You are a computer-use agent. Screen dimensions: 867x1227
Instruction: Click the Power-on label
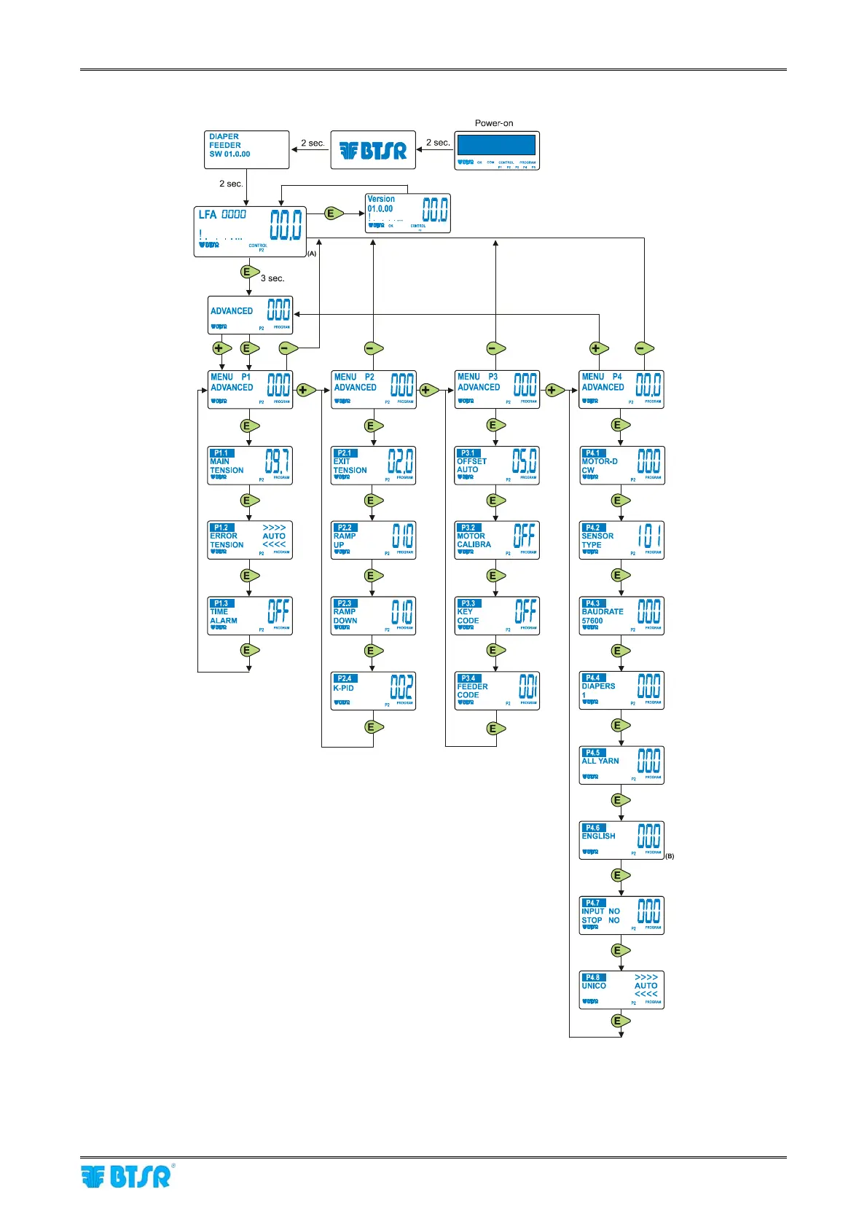click(494, 123)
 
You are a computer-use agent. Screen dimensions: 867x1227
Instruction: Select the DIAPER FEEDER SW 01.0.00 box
click(247, 149)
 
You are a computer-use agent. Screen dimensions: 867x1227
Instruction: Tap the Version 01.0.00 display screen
click(407, 213)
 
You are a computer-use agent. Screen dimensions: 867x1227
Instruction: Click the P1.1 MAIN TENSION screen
click(250, 465)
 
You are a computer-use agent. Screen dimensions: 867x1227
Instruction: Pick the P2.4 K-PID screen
click(373, 691)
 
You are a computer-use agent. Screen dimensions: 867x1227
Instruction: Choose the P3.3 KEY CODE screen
click(497, 616)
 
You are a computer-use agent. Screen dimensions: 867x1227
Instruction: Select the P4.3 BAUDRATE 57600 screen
click(621, 616)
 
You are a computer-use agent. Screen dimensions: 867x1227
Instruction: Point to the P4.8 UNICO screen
click(621, 989)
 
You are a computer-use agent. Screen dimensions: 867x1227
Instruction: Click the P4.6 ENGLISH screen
click(621, 839)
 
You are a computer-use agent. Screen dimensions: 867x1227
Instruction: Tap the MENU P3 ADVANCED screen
click(497, 389)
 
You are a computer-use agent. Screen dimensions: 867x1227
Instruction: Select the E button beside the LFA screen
click(333, 213)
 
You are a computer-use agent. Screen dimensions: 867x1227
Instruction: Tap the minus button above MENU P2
click(373, 348)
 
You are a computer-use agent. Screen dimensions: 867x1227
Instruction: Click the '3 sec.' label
click(272, 278)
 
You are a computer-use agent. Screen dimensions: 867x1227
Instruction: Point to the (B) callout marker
click(670, 856)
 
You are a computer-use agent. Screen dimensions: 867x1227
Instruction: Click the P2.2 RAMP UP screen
click(373, 540)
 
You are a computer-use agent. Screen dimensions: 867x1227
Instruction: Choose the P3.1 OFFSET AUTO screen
click(497, 465)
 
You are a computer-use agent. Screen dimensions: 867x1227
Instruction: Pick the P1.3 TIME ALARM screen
click(250, 616)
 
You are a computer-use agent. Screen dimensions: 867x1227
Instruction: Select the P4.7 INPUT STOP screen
click(621, 915)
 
